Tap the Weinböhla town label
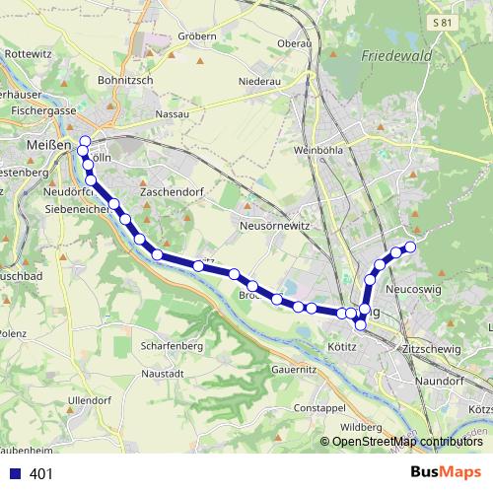(317, 151)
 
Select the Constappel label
(317, 407)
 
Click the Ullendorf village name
(90, 400)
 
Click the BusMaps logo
(448, 473)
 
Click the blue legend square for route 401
(15, 474)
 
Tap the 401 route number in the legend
(41, 474)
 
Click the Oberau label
(294, 43)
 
